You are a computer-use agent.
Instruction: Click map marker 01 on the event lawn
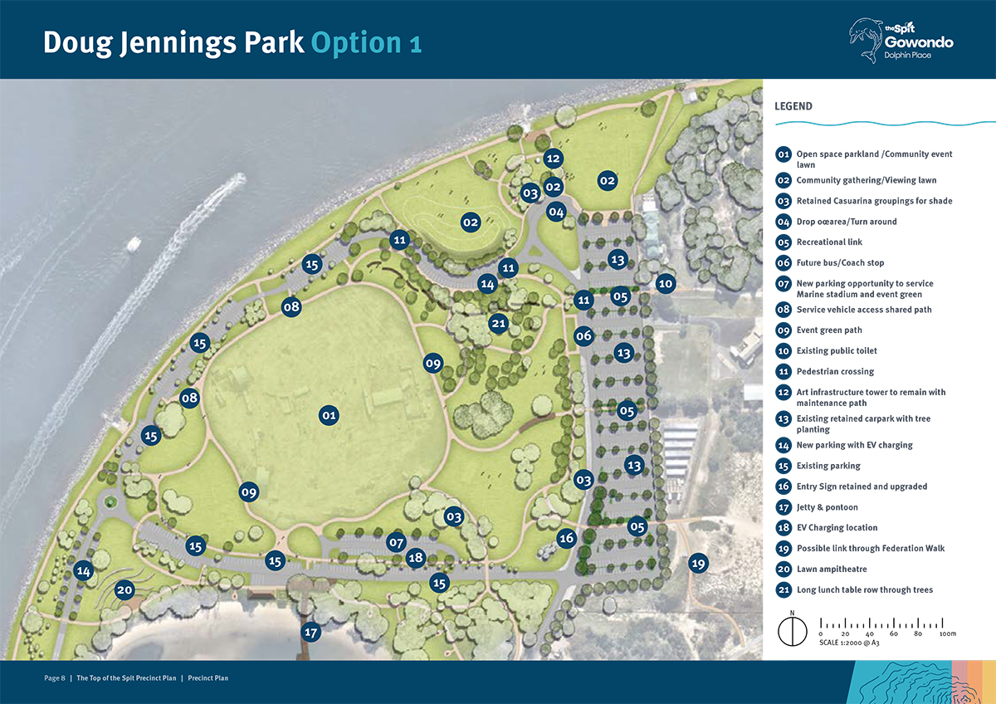329,414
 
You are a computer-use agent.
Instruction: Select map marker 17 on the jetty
311,632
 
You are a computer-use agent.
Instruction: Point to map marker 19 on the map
697,564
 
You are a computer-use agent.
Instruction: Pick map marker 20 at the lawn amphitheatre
124,590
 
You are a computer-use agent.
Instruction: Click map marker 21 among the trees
498,324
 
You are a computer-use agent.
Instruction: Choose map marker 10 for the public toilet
665,283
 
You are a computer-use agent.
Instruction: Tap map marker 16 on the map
566,538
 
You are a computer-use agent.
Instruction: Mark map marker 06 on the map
583,335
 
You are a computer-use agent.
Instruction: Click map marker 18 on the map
416,558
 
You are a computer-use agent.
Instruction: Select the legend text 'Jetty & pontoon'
827,507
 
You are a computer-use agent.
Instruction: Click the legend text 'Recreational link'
829,242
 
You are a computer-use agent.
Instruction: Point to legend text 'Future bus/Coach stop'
840,263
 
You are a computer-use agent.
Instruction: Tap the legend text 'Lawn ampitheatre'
831,570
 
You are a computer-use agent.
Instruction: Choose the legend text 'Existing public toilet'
837,351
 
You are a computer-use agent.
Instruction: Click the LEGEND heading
793,106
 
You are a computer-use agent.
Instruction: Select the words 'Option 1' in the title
366,43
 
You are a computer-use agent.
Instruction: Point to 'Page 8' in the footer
55,678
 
